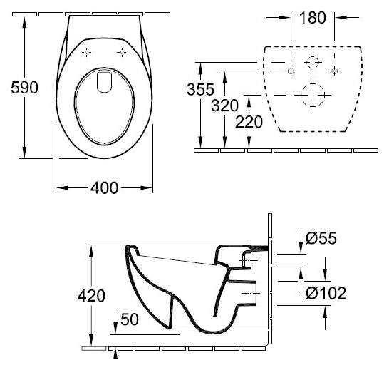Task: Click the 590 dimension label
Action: [24, 88]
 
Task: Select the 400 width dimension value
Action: [104, 188]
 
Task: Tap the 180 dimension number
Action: [313, 18]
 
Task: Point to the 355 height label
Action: [200, 89]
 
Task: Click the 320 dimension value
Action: [224, 106]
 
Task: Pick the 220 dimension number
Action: [249, 122]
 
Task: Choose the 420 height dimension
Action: [91, 296]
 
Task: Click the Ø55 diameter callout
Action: [321, 238]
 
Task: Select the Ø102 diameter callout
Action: [326, 293]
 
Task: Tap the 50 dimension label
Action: [130, 319]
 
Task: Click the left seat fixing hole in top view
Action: [86, 52]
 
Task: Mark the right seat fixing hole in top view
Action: [122, 52]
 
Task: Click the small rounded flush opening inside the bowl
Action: [104, 82]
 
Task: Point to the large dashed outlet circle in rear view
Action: [313, 95]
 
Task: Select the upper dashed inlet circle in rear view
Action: [313, 62]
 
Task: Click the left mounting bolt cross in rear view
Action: [291, 71]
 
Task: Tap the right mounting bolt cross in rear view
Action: [334, 71]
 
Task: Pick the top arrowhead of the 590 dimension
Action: [24, 23]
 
